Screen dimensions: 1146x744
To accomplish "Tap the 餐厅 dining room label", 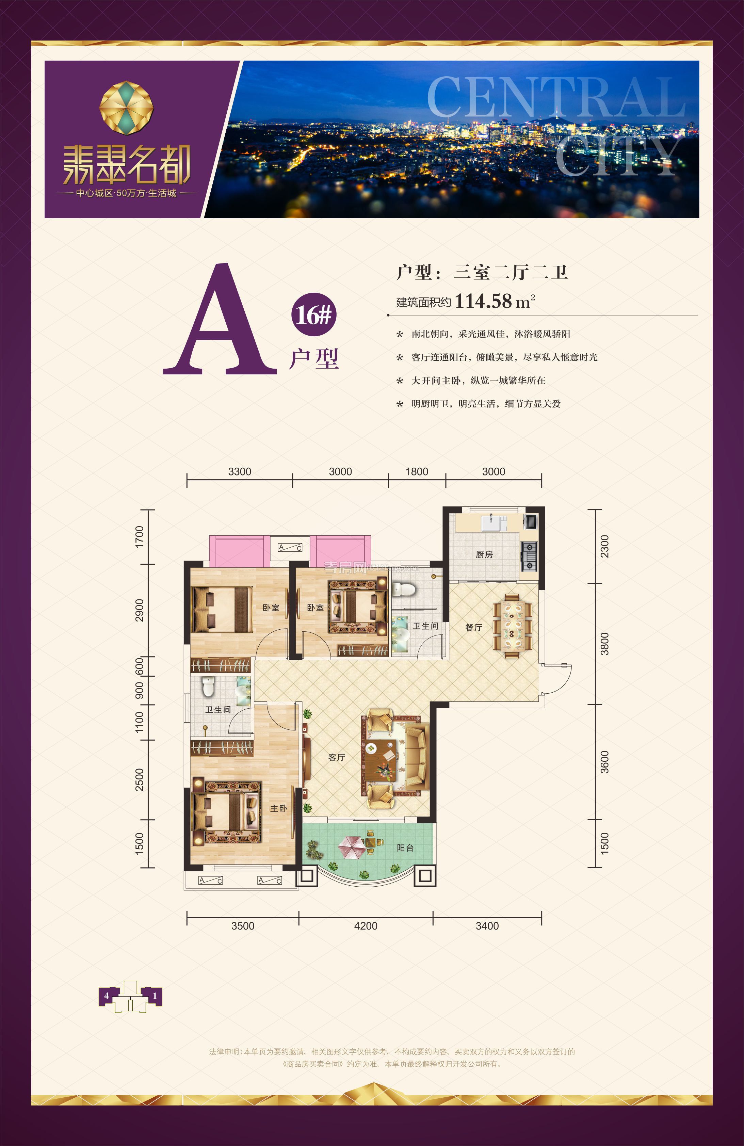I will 473,627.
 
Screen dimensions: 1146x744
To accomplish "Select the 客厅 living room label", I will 336,757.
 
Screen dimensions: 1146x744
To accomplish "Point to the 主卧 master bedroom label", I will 278,808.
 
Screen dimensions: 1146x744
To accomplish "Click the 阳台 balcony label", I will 405,848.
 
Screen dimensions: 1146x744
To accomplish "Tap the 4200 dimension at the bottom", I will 366,926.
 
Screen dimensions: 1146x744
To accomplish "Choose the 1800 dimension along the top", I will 417,472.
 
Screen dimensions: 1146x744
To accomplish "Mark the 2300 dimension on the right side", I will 605,547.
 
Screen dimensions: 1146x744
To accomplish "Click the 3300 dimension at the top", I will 239,472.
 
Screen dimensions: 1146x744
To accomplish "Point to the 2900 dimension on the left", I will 140,610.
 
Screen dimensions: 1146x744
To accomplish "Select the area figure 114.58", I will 483,302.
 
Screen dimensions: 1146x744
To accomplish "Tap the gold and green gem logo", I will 126,108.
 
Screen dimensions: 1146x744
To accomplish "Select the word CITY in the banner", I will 619,156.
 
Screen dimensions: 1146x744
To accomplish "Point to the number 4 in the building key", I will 106,995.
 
